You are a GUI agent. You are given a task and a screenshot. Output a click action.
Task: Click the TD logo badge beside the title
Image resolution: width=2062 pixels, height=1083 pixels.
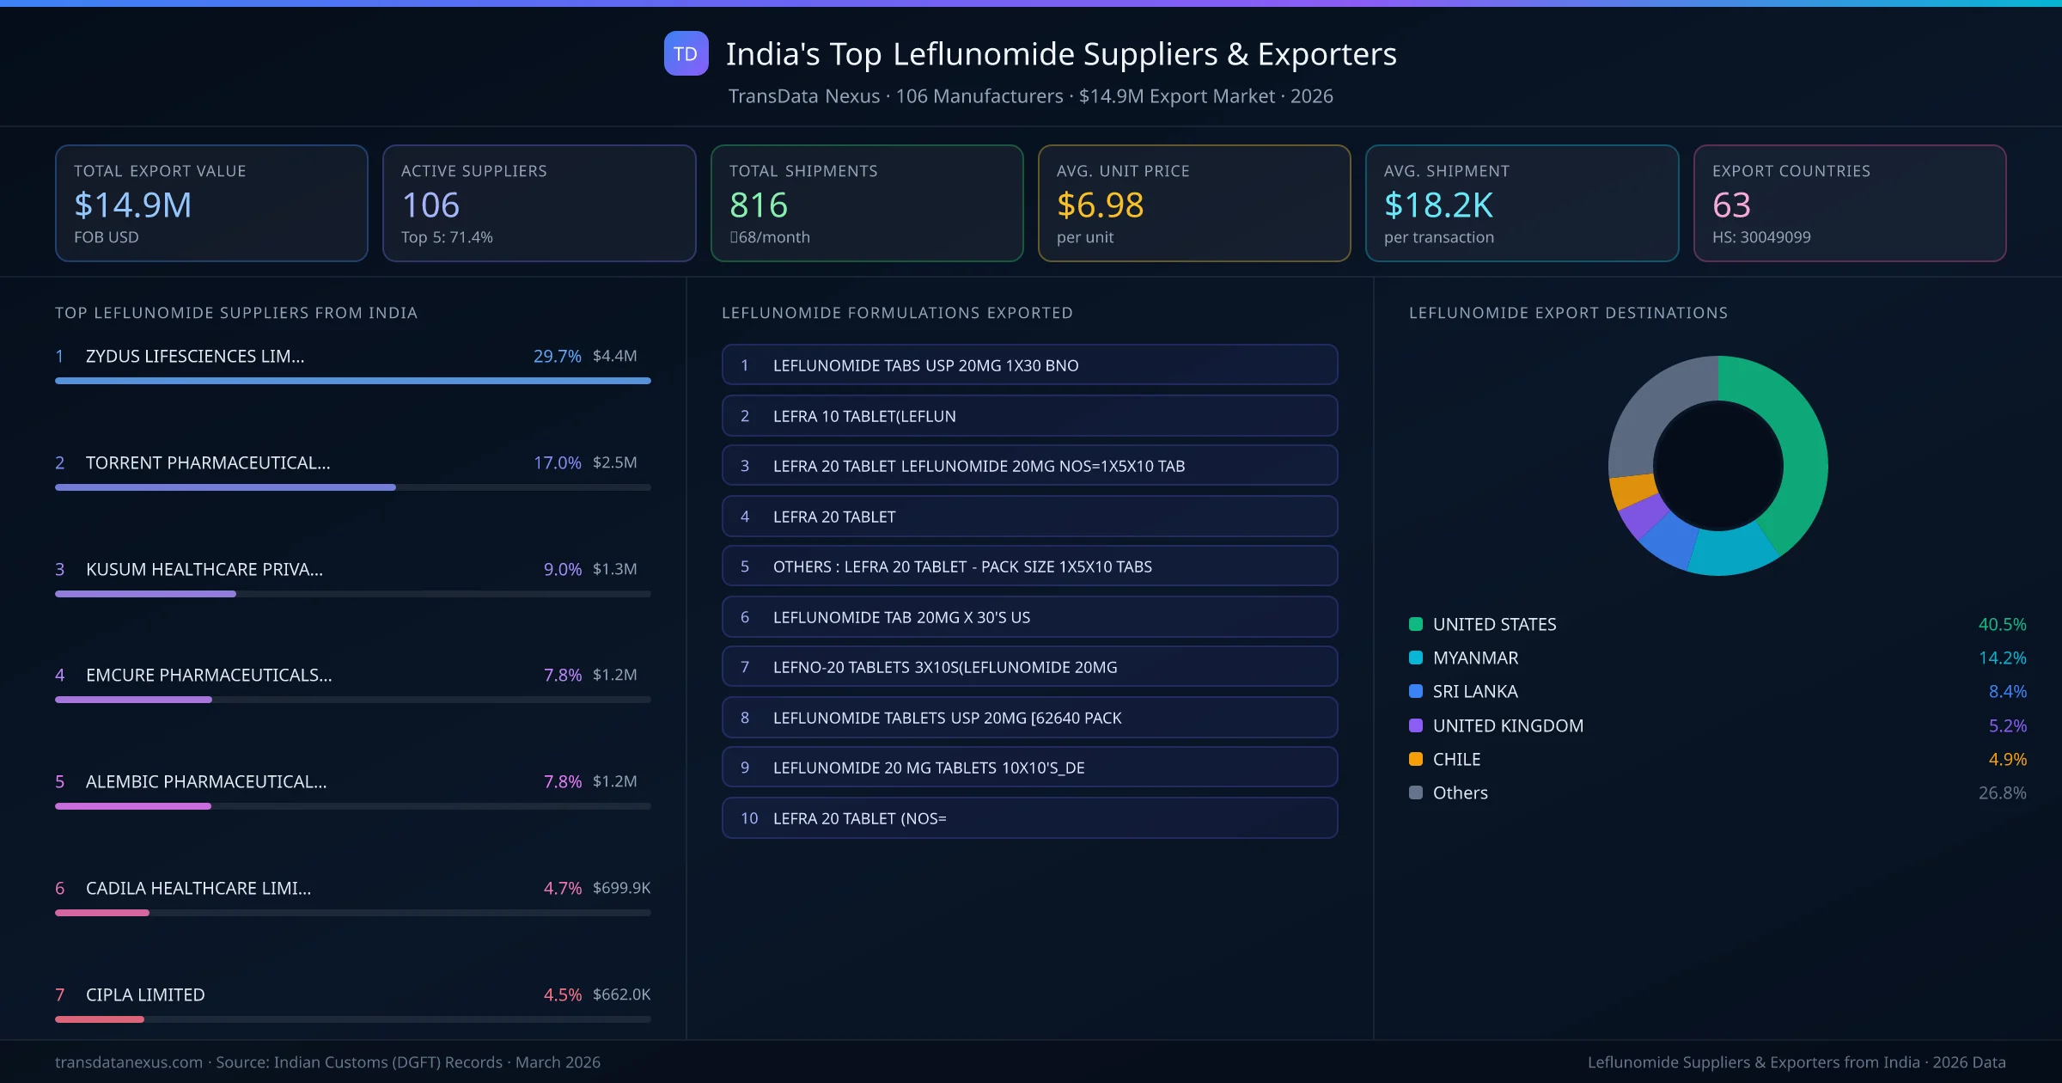686,53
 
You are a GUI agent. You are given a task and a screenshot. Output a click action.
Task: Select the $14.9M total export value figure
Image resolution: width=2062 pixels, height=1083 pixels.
132,205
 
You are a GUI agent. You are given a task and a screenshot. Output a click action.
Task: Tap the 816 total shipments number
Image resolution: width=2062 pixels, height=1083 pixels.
758,205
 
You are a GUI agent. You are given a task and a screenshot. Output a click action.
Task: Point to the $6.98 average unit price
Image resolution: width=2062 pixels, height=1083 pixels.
1100,205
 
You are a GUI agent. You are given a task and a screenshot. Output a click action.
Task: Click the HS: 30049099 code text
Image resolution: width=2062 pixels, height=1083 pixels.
1760,237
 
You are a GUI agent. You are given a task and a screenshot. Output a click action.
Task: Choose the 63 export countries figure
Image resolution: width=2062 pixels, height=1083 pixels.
1730,205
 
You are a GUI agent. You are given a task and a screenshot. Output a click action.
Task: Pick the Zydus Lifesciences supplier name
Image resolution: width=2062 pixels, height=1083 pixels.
195,356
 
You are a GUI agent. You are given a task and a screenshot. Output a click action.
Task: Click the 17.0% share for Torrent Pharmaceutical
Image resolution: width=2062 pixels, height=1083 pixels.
557,462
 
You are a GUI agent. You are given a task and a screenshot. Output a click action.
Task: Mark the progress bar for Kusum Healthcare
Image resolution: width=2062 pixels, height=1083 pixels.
145,594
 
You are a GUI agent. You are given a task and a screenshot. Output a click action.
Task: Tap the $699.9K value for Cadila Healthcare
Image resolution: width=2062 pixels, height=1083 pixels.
621,888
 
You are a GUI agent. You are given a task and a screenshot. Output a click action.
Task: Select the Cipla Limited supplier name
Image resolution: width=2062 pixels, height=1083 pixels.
145,994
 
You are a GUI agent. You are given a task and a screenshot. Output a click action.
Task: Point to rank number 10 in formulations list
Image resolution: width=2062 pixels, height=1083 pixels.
749,818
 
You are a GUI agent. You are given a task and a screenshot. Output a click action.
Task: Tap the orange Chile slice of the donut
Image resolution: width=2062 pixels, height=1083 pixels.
1632,491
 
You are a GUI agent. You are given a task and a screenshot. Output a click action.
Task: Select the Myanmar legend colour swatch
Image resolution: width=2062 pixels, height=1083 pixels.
1416,658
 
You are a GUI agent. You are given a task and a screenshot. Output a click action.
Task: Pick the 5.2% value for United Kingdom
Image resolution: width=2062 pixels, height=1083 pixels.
2007,725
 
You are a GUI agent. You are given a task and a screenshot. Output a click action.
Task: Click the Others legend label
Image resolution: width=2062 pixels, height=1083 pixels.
1460,792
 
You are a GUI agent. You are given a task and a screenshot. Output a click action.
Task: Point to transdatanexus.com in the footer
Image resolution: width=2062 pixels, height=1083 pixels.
129,1062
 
